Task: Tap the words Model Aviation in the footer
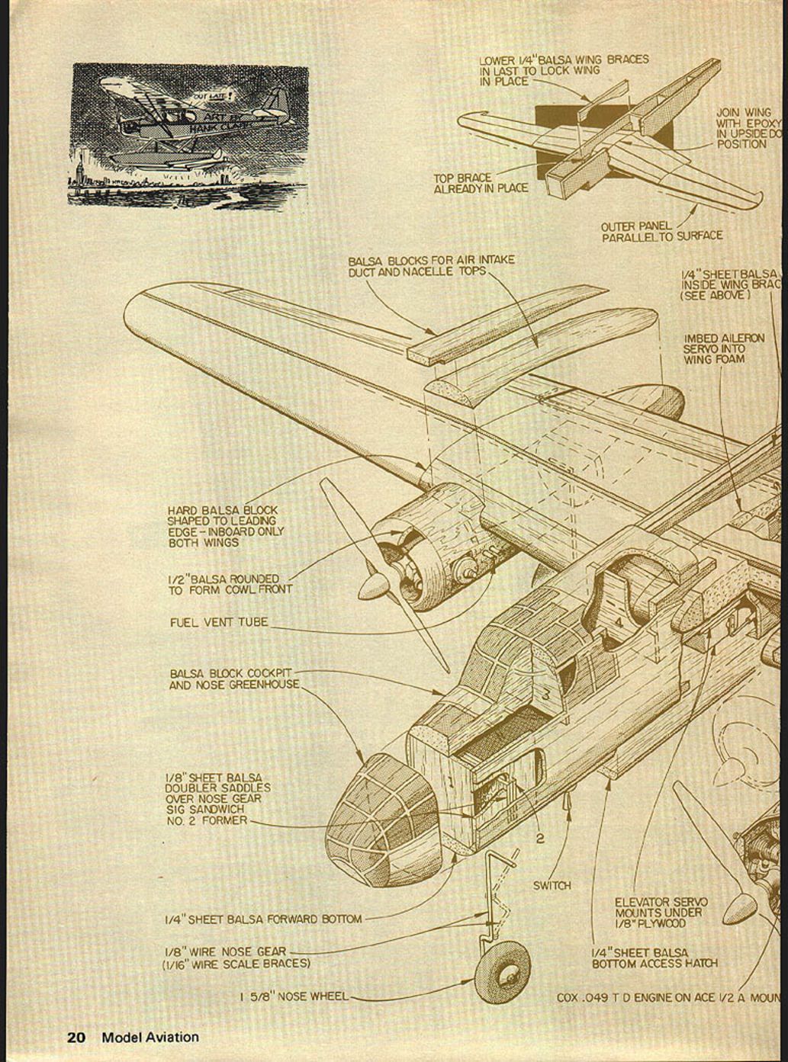coord(150,1037)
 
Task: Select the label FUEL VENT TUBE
coord(219,622)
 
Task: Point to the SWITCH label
coord(552,885)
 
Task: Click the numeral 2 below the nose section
coord(540,839)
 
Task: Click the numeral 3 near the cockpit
coord(546,695)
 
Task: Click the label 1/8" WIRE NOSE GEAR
coord(226,951)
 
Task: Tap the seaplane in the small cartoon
coord(191,122)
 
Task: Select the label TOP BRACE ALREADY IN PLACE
coord(481,183)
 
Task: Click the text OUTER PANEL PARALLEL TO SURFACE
coord(661,231)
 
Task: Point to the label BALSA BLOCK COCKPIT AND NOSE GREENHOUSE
coord(233,679)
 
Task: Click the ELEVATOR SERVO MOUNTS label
coord(661,912)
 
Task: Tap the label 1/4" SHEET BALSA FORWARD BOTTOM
coord(263,919)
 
